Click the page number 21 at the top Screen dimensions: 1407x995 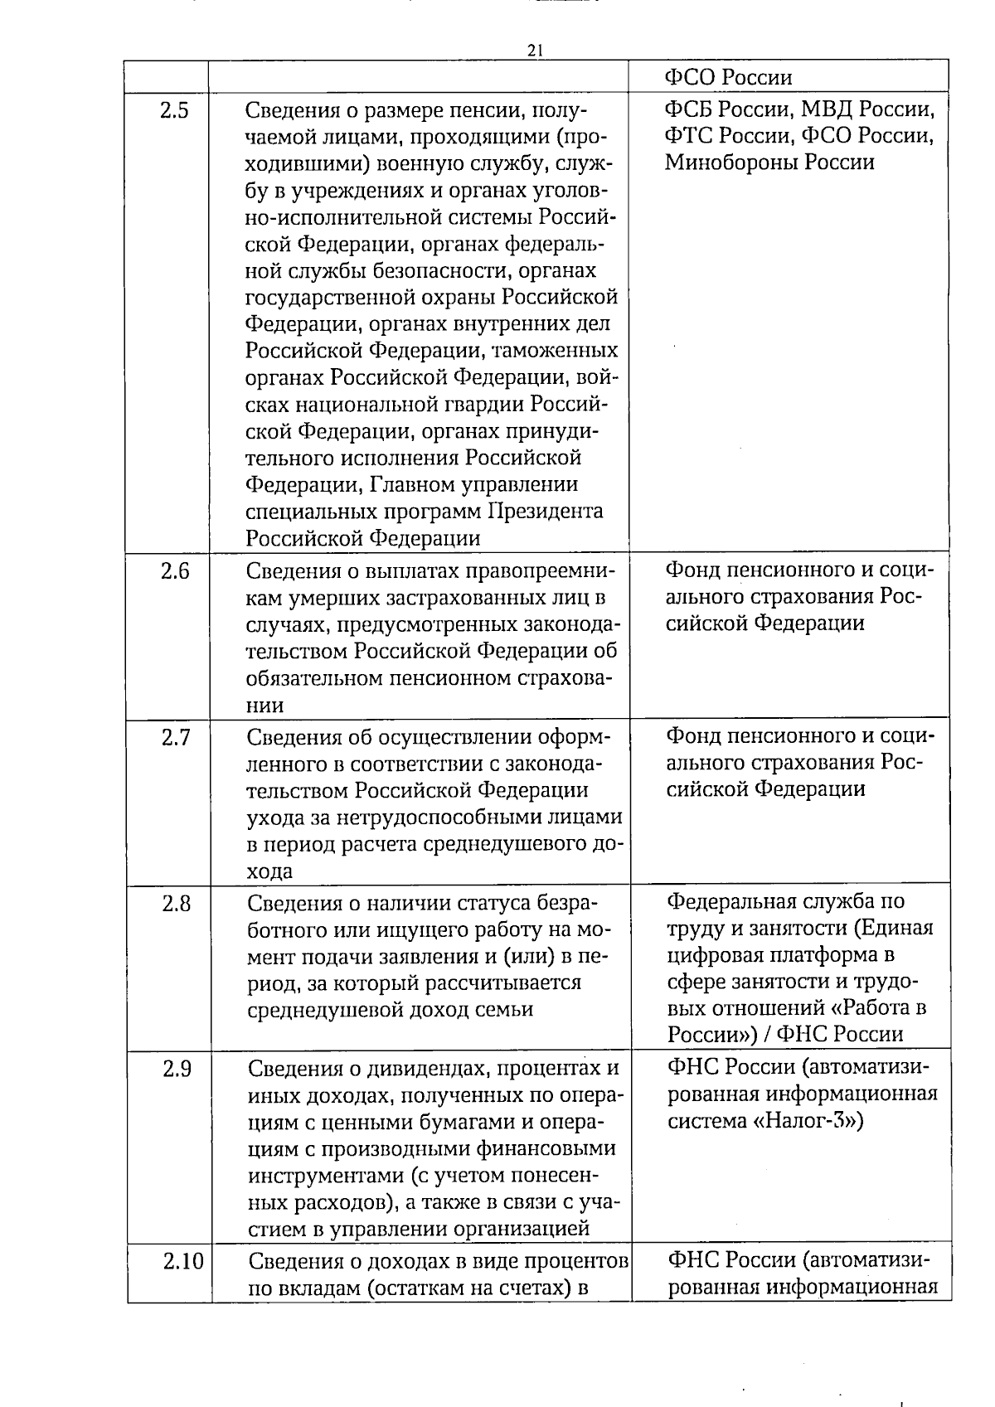(x=534, y=50)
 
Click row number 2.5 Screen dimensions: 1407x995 (x=174, y=110)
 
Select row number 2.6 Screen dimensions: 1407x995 (x=175, y=571)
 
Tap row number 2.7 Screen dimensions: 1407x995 (x=175, y=737)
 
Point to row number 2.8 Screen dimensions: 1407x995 (x=176, y=903)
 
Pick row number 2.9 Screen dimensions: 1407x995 (x=176, y=1069)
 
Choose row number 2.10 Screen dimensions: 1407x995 (x=182, y=1262)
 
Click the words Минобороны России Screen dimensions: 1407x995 (x=769, y=163)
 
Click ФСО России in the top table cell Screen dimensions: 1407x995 (x=728, y=77)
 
